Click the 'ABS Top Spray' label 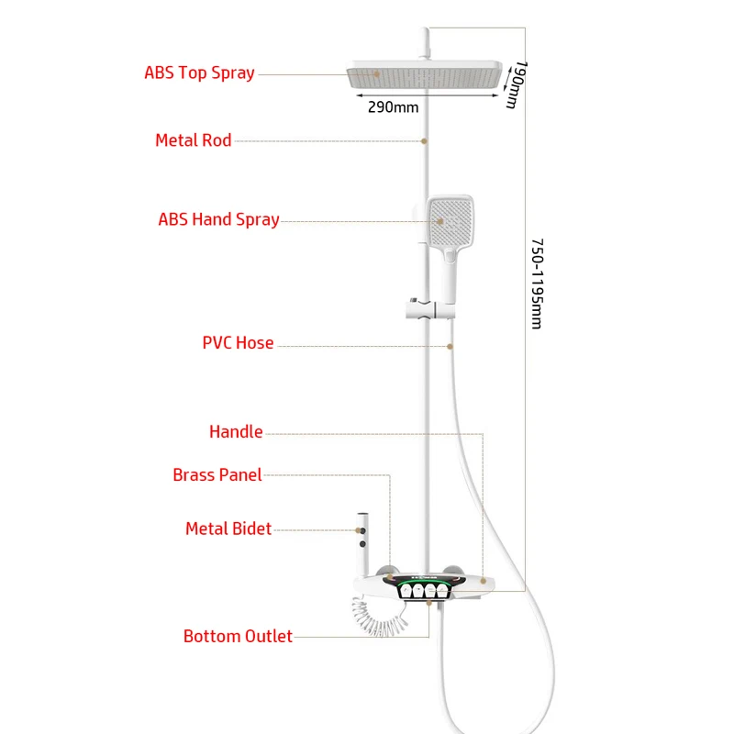(x=199, y=72)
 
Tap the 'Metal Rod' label (x=193, y=140)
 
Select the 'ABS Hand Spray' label (x=218, y=219)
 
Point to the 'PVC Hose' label (x=238, y=343)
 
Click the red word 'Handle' (x=236, y=431)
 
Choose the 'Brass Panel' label (x=217, y=474)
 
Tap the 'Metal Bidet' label (x=228, y=528)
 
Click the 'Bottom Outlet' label (x=238, y=636)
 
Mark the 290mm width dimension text (x=393, y=107)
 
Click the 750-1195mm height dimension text (x=537, y=285)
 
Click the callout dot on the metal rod (x=425, y=140)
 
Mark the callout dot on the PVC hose (x=450, y=345)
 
